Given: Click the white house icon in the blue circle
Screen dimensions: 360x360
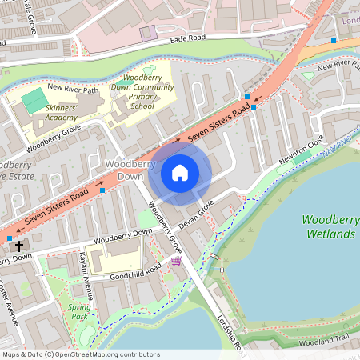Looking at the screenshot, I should pyautogui.click(x=180, y=172).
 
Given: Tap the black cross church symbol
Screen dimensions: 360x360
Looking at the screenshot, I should pyautogui.click(x=18, y=246).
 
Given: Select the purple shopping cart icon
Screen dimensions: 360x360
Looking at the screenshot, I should pyautogui.click(x=176, y=260).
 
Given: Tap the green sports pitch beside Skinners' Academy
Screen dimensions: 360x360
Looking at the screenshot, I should pyautogui.click(x=34, y=101).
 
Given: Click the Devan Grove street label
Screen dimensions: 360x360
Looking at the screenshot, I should pyautogui.click(x=196, y=216).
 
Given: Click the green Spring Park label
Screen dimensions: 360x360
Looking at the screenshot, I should pyautogui.click(x=79, y=310).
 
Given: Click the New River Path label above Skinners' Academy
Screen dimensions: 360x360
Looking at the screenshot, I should pyautogui.click(x=74, y=90).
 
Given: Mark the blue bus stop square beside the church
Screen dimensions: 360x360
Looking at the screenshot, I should pyautogui.click(x=10, y=238).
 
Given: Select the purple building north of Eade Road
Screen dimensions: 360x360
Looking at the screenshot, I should pyautogui.click(x=148, y=33).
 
